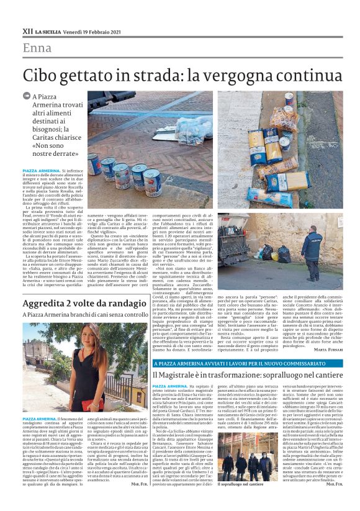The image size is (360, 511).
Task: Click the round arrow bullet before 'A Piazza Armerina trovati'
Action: [36, 96]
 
